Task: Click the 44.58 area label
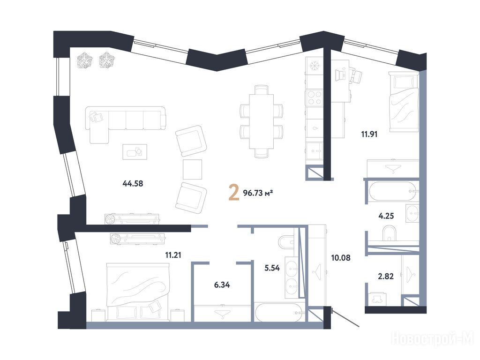pyautogui.click(x=133, y=183)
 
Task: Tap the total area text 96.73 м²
pyautogui.click(x=258, y=193)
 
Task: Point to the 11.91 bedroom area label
pyautogui.click(x=369, y=134)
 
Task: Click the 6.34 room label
pyautogui.click(x=222, y=285)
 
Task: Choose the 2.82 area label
pyautogui.click(x=386, y=277)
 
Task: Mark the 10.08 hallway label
pyautogui.click(x=341, y=258)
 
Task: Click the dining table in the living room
pyautogui.click(x=261, y=121)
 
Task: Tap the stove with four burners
pyautogui.click(x=314, y=97)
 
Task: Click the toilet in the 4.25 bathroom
pyautogui.click(x=389, y=232)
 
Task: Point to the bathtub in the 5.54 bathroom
pyautogui.click(x=280, y=312)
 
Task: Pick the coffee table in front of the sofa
pyautogui.click(x=135, y=152)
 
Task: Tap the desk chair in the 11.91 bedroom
pyautogui.click(x=356, y=76)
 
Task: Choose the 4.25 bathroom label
pyautogui.click(x=386, y=216)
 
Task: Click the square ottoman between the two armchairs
pyautogui.click(x=193, y=169)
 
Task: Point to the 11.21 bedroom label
pyautogui.click(x=173, y=255)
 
